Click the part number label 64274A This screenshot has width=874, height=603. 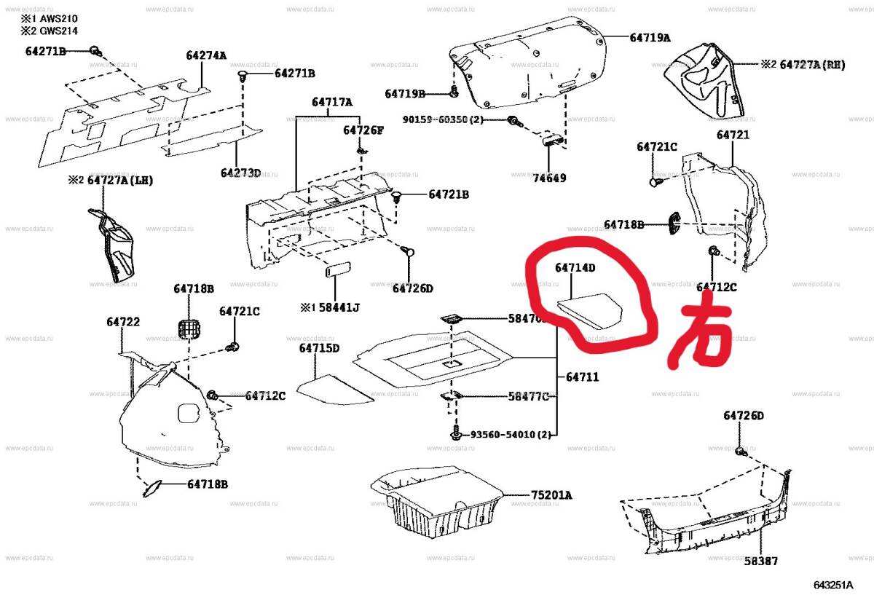[x=206, y=55]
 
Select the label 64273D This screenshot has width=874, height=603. [x=240, y=173]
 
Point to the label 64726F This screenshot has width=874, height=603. [x=363, y=130]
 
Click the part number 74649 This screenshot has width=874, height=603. [x=549, y=178]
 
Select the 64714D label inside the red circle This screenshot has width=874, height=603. [x=575, y=268]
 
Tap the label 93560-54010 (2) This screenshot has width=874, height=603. [x=510, y=435]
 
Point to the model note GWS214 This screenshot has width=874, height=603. [x=55, y=31]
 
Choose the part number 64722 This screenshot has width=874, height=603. [x=123, y=322]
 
